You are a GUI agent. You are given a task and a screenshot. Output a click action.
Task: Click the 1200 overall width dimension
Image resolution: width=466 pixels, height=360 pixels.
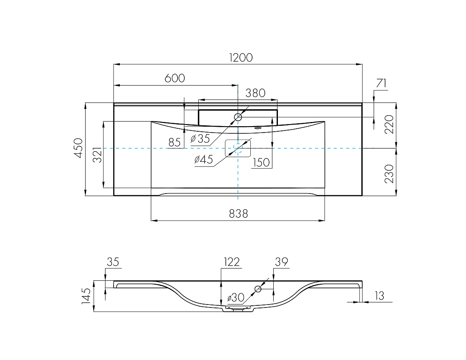[x=241, y=57]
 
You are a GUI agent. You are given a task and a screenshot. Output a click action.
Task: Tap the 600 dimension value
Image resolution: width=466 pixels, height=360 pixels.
[x=175, y=78]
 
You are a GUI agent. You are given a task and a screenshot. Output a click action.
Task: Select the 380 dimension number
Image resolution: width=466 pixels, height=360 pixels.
[x=255, y=93]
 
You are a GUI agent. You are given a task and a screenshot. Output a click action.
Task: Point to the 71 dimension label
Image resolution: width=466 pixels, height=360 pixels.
[x=381, y=83]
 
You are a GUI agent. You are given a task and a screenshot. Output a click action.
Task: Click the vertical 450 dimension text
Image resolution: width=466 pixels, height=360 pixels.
[x=78, y=148]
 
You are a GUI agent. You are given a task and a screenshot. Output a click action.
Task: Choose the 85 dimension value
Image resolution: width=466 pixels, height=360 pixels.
[x=175, y=143]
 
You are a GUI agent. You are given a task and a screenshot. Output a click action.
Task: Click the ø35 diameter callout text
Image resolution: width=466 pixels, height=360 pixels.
[x=200, y=138]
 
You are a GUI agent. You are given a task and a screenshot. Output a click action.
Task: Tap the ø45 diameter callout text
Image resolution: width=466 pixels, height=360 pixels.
[x=204, y=160]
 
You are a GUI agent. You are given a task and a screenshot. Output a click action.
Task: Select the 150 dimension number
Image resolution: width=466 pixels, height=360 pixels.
[x=261, y=163]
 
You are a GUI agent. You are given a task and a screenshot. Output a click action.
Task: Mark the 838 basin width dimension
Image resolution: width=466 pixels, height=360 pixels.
[x=239, y=213]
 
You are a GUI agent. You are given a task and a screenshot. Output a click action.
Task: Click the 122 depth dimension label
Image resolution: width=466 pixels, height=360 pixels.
[x=231, y=262]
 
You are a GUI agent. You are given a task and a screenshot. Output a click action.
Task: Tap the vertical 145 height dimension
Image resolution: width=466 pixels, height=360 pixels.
[x=86, y=296]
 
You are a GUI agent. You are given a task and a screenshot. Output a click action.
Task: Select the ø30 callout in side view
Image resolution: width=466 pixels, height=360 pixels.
[x=236, y=297]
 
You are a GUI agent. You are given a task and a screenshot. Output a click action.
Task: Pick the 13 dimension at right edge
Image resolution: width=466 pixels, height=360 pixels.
[x=380, y=296]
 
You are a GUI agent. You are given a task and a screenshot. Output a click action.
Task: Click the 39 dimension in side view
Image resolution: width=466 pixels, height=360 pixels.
[x=281, y=262]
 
